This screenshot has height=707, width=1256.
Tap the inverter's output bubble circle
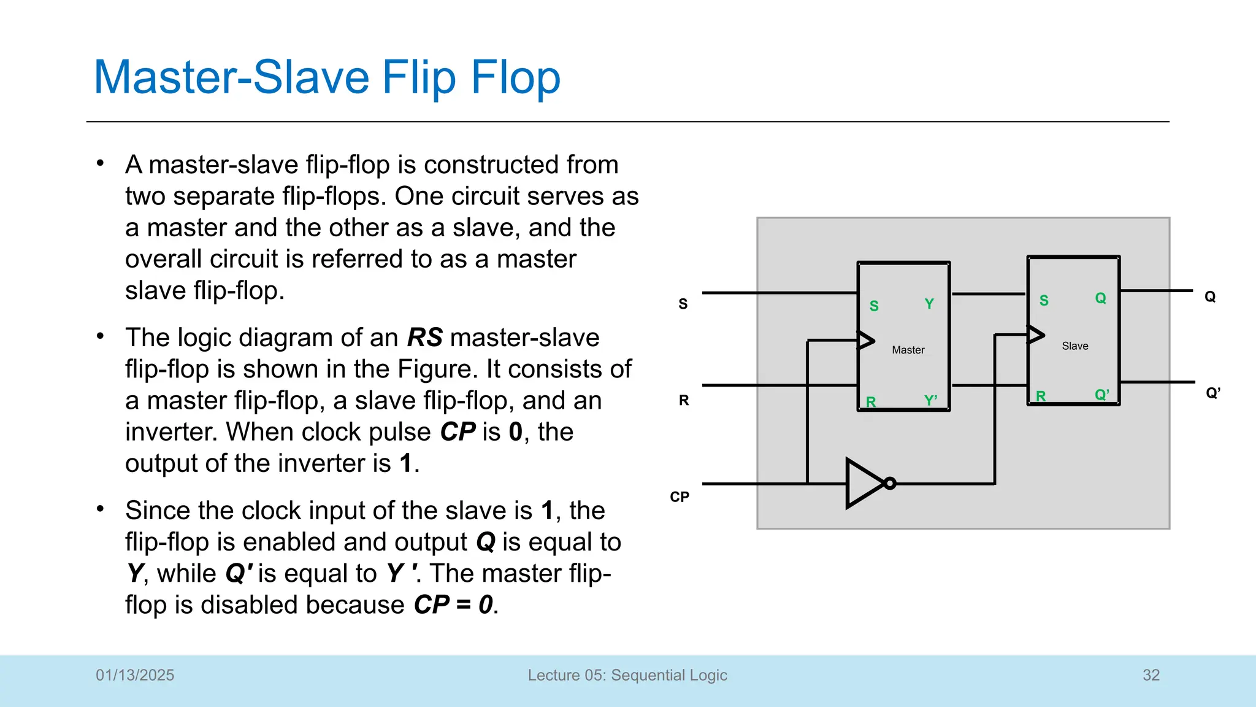pyautogui.click(x=890, y=484)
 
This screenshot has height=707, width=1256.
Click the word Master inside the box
pyautogui.click(x=908, y=350)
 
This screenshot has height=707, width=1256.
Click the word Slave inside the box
pyautogui.click(x=1074, y=346)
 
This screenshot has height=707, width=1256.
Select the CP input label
pyautogui.click(x=680, y=496)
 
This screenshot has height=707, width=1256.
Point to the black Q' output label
pyautogui.click(x=1212, y=393)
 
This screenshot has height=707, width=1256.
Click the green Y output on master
pyautogui.click(x=929, y=304)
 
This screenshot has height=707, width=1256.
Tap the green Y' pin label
pyautogui.click(x=930, y=401)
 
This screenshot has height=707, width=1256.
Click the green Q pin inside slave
pyautogui.click(x=1100, y=298)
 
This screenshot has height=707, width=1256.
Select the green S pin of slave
pyautogui.click(x=1044, y=301)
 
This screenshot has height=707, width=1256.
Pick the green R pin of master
pyautogui.click(x=871, y=402)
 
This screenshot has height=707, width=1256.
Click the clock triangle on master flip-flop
pyautogui.click(x=865, y=340)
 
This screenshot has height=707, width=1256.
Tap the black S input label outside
pyautogui.click(x=683, y=304)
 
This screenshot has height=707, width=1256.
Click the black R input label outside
pyautogui.click(x=684, y=401)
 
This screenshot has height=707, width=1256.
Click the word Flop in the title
pyautogui.click(x=515, y=78)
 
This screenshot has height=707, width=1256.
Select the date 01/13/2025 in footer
pyautogui.click(x=135, y=675)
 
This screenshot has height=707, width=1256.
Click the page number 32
pyautogui.click(x=1151, y=675)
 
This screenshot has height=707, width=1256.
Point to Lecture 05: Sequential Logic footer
pyautogui.click(x=627, y=675)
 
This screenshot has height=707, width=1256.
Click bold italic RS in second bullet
pyautogui.click(x=424, y=338)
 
